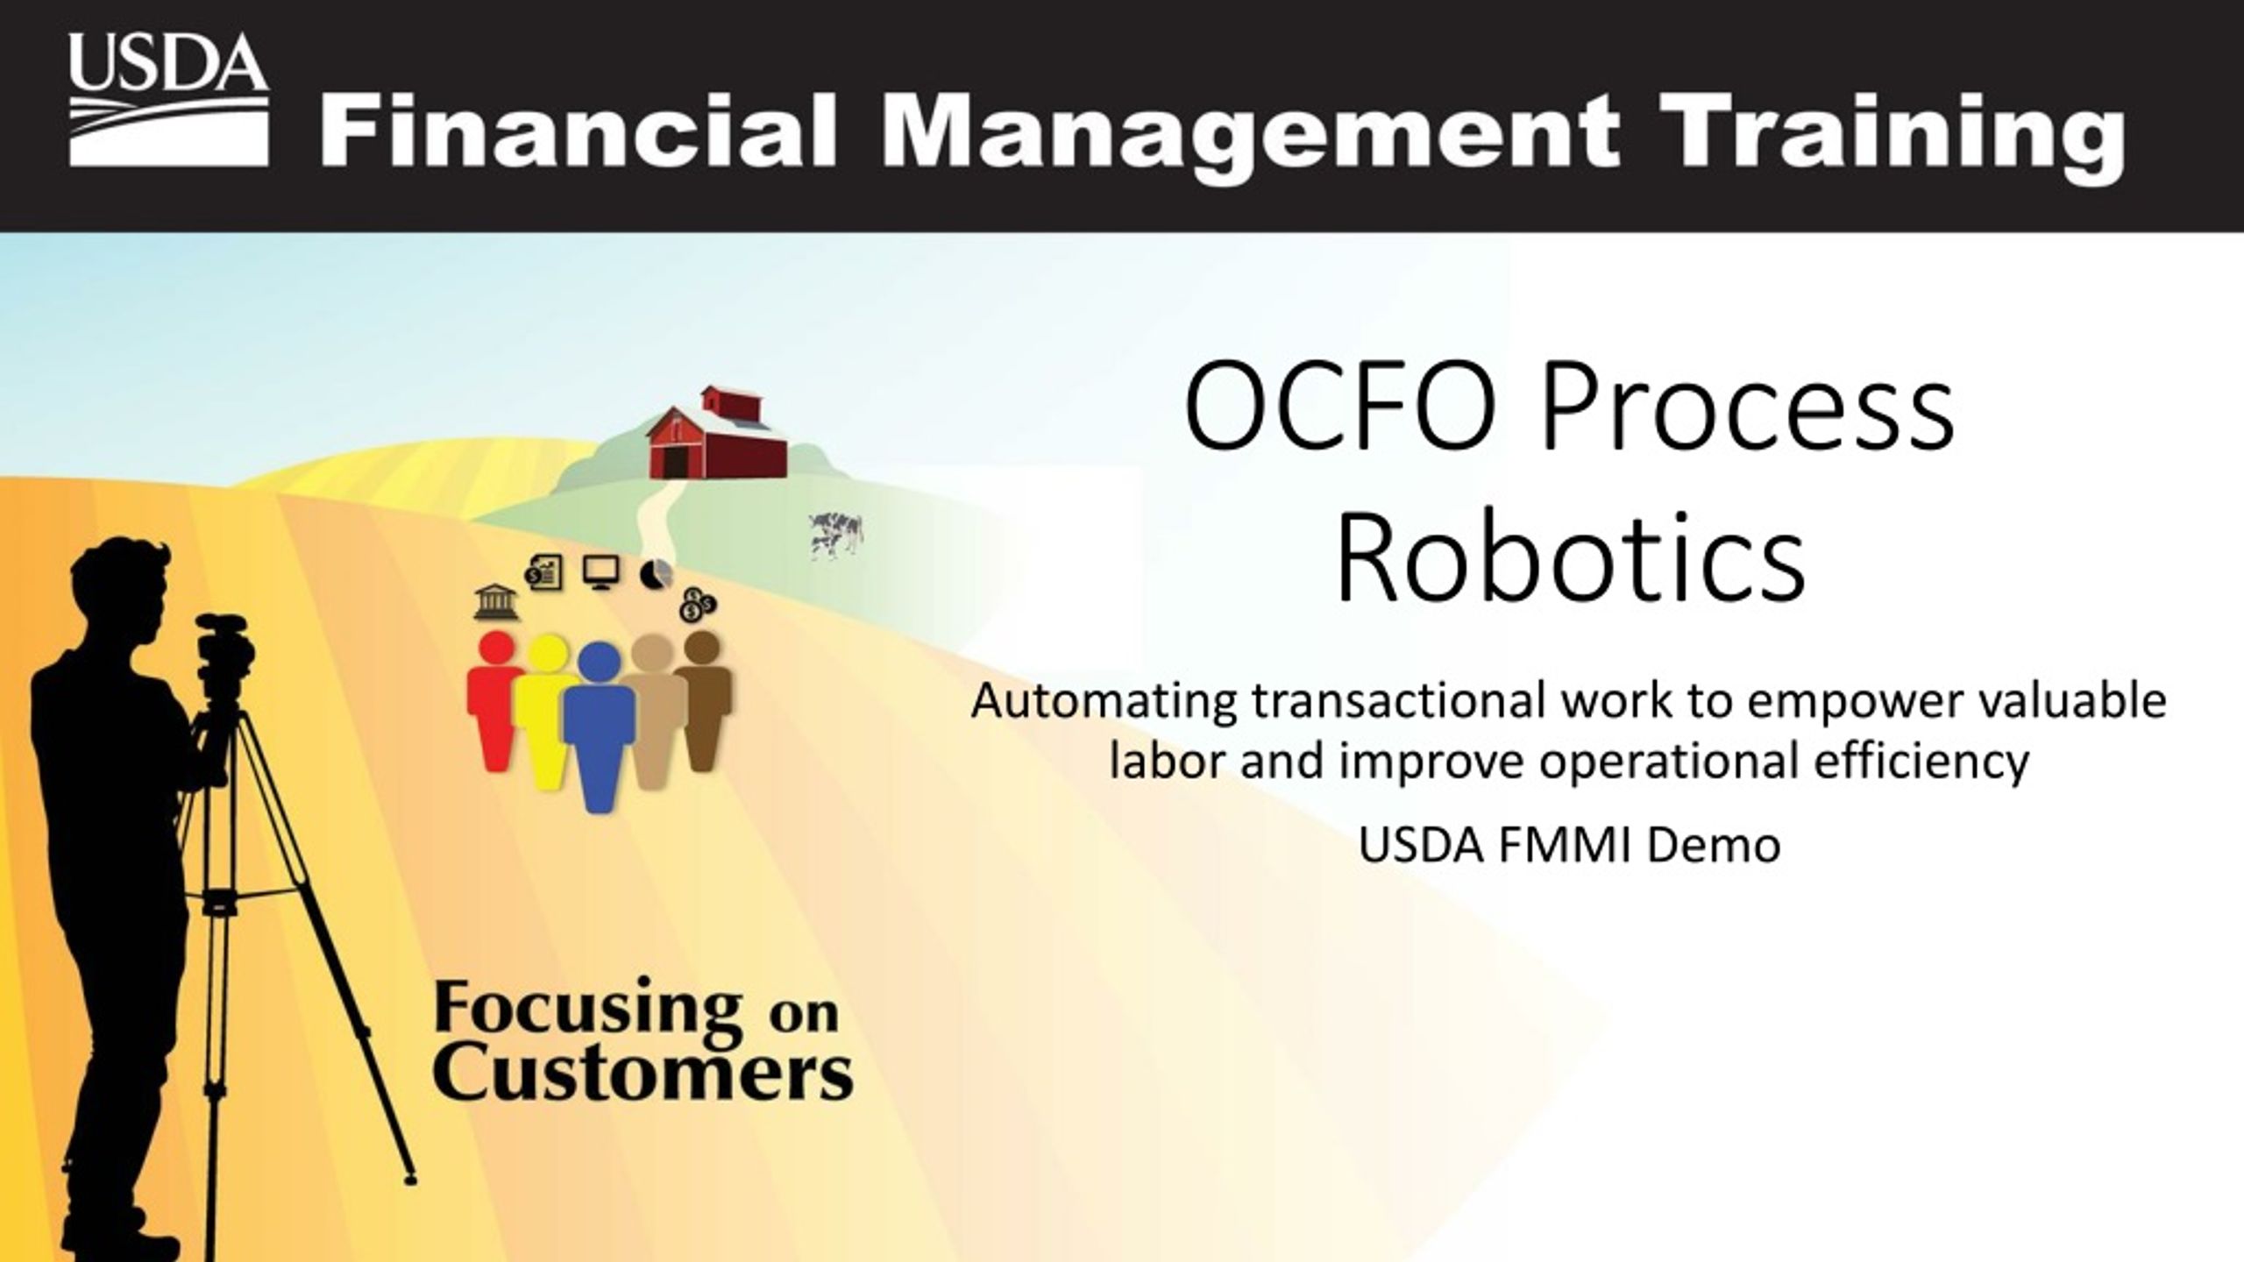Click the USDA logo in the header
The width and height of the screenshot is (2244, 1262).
[168, 99]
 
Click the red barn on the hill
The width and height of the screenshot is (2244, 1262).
[716, 433]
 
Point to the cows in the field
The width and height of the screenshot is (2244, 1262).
[836, 535]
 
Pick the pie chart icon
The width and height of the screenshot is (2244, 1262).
[657, 574]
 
